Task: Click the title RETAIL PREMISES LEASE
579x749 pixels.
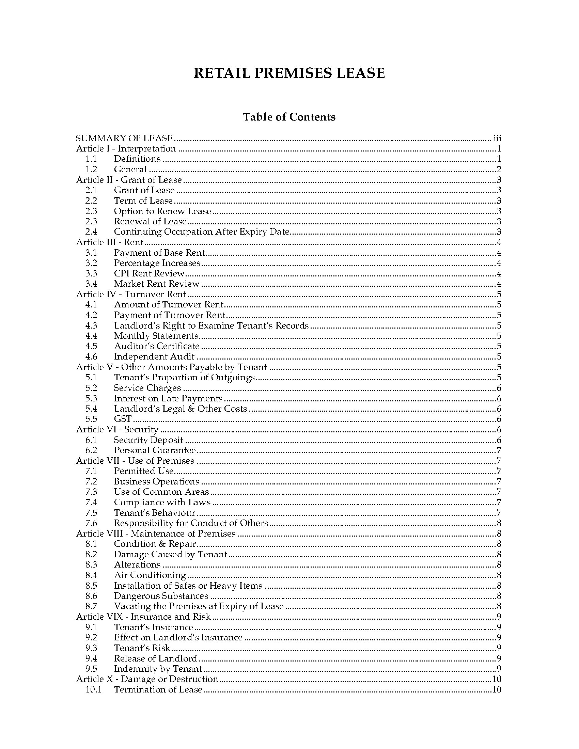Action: (289, 74)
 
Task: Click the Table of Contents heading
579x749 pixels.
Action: (289, 117)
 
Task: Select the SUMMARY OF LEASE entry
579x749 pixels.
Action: (124, 138)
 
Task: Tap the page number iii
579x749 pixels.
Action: (497, 139)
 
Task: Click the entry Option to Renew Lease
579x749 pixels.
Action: (162, 211)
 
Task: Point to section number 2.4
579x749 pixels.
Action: (91, 232)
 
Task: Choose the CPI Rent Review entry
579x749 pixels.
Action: (149, 274)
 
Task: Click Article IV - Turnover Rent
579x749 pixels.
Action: (131, 294)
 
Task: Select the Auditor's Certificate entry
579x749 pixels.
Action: (156, 346)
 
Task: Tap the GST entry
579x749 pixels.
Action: (123, 419)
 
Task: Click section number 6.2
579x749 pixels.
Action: (91, 450)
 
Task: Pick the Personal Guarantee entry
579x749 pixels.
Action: (155, 450)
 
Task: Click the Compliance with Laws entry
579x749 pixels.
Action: (162, 503)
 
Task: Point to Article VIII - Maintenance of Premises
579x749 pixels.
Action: (156, 533)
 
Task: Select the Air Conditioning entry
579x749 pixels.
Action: (150, 575)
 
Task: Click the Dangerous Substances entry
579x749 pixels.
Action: (161, 596)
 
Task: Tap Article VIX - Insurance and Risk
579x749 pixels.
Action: (143, 617)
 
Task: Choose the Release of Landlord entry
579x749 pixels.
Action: (155, 658)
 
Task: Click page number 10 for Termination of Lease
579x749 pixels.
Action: (496, 690)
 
